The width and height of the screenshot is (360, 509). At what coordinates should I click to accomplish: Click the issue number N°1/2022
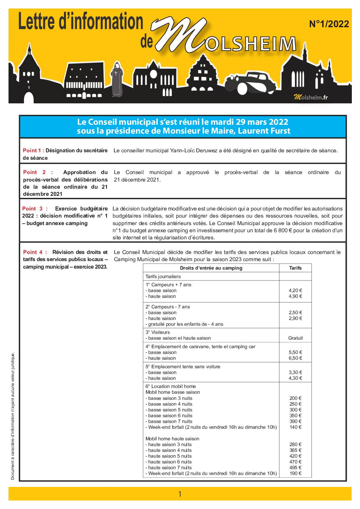coord(329,24)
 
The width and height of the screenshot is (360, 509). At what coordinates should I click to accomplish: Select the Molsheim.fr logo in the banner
coord(311,97)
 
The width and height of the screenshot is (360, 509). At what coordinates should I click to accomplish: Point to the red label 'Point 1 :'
coord(33,150)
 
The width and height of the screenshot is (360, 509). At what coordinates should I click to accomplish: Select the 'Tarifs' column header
coord(295,268)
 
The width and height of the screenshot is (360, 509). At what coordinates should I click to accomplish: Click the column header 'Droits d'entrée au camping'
coord(211,268)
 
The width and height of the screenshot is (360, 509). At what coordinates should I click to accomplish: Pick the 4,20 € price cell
coord(295,290)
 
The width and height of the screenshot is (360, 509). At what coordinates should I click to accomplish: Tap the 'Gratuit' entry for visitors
coord(295,338)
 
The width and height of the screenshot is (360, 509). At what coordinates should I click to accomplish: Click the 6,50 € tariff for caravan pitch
coord(295,358)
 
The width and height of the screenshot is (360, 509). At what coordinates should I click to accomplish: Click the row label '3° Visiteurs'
coord(158,332)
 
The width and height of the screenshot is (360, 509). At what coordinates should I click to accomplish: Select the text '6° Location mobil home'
coord(170,386)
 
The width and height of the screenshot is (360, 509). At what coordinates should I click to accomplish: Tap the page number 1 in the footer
coord(180,494)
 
